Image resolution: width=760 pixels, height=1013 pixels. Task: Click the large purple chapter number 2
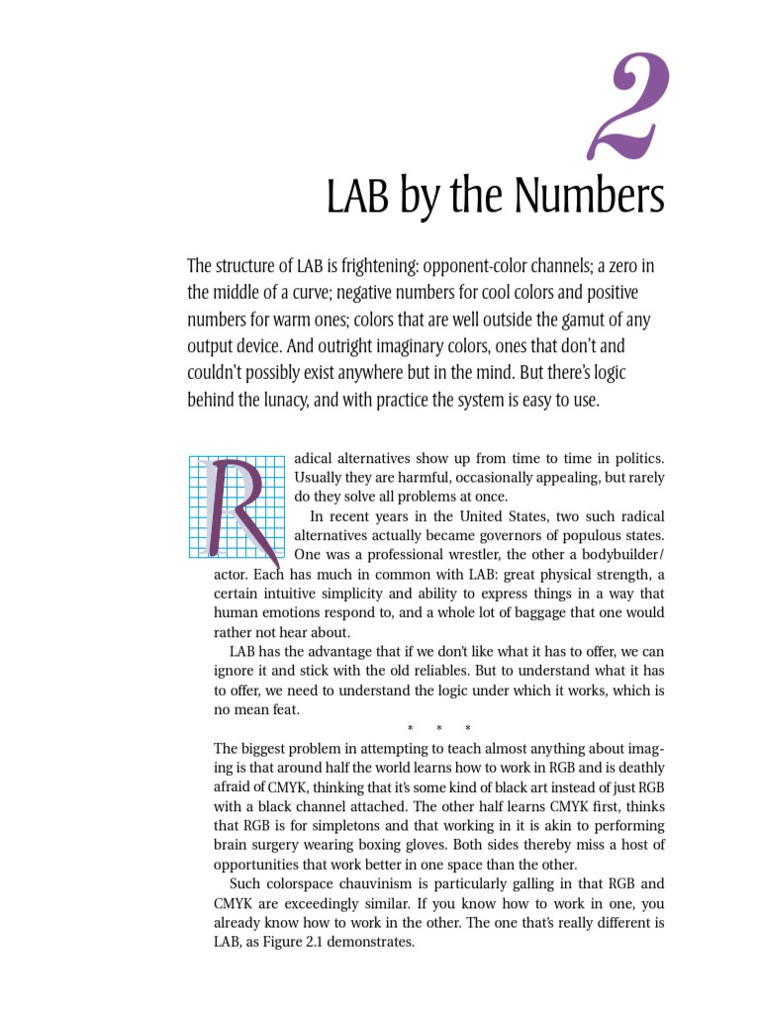pos(630,109)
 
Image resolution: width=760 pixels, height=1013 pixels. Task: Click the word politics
pos(634,459)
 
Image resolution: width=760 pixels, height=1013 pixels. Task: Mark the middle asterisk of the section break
pos(439,730)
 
